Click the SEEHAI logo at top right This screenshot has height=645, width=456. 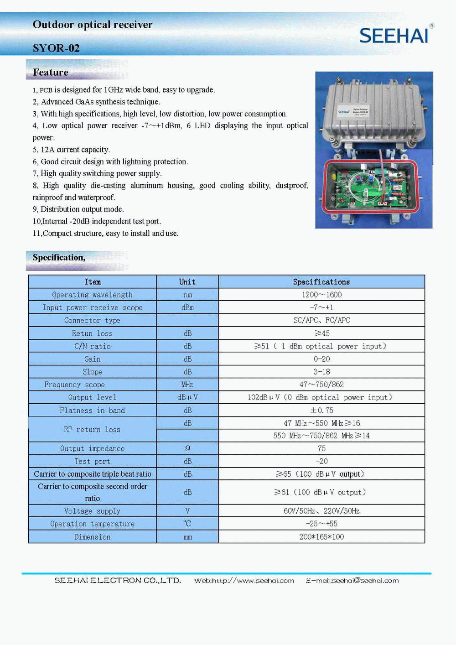(x=394, y=35)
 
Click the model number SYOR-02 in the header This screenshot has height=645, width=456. (x=56, y=48)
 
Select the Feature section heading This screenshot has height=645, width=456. (x=51, y=72)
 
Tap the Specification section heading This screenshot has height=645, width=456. (x=59, y=257)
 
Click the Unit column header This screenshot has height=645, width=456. (x=187, y=282)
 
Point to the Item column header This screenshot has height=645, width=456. (x=92, y=282)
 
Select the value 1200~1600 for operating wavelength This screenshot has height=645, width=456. (x=321, y=295)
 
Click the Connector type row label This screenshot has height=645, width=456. (x=92, y=320)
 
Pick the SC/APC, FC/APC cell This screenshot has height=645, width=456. (x=321, y=320)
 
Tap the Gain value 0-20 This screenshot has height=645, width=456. (x=321, y=359)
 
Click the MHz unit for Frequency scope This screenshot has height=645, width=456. (x=187, y=385)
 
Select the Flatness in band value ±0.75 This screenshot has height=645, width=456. (x=321, y=410)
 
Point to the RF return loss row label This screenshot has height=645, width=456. (x=92, y=429)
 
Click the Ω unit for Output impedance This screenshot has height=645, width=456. (x=187, y=448)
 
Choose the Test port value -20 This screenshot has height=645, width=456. (x=321, y=461)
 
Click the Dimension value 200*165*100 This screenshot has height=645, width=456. (x=321, y=536)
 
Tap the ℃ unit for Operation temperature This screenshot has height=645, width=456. (x=187, y=524)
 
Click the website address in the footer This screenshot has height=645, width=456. (x=244, y=581)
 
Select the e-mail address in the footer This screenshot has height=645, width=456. (x=352, y=581)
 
